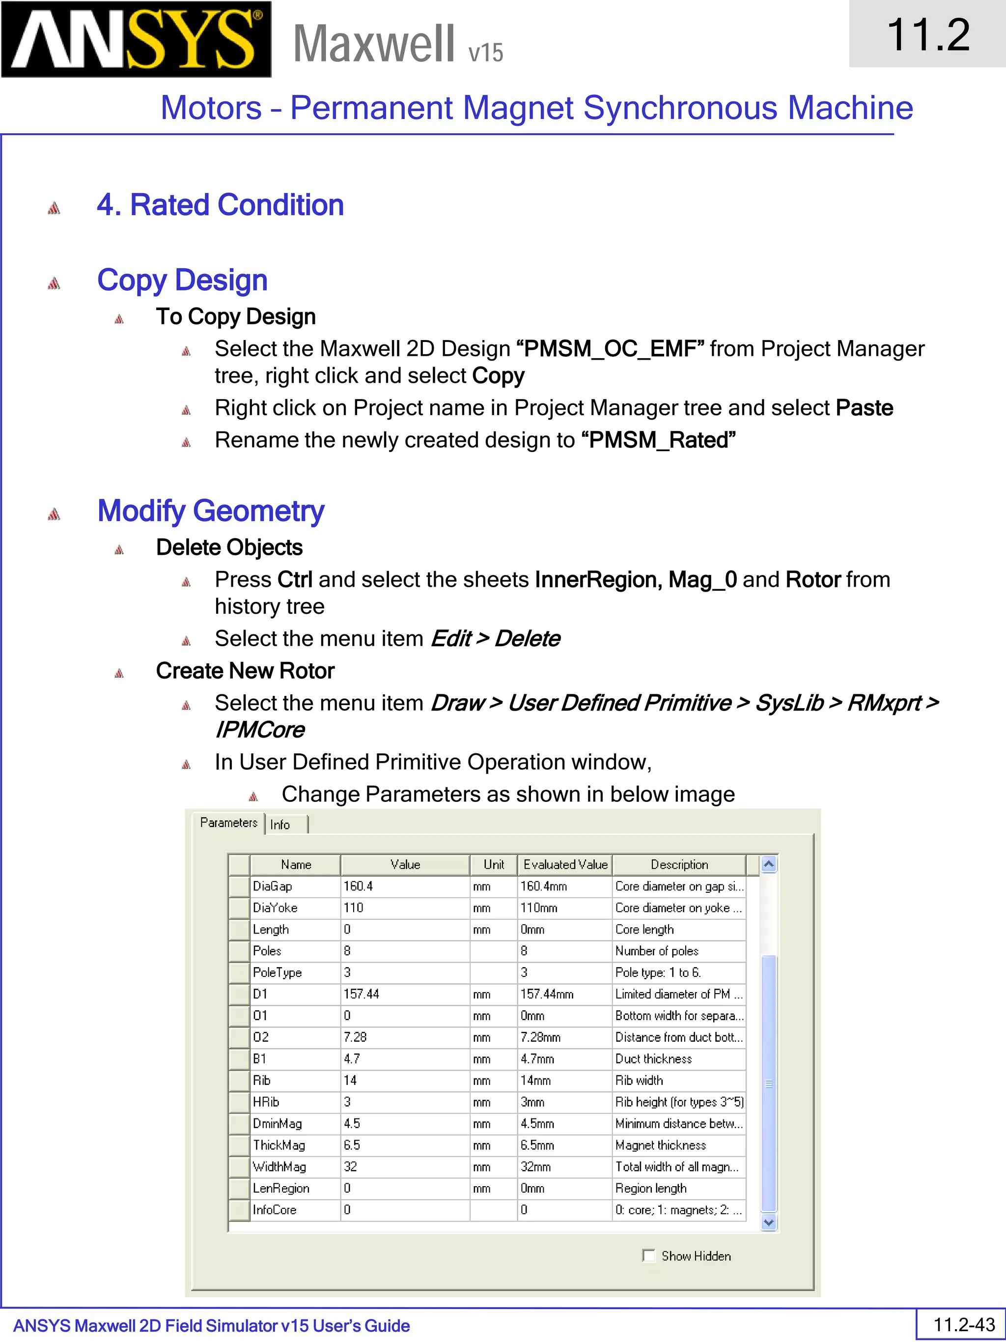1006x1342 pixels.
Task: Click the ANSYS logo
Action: pyautogui.click(x=137, y=39)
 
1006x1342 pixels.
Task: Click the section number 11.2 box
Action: pyautogui.click(x=927, y=34)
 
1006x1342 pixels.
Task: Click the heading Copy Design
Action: pyautogui.click(x=182, y=280)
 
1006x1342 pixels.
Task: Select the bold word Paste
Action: pyautogui.click(x=864, y=408)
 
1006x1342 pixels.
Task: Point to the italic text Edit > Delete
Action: pyautogui.click(x=495, y=638)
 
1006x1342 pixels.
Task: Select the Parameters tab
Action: pyautogui.click(x=228, y=823)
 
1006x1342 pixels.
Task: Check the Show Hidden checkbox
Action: pyautogui.click(x=649, y=1255)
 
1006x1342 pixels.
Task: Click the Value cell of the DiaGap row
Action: pyautogui.click(x=404, y=886)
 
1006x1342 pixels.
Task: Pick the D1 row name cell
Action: pyautogui.click(x=295, y=994)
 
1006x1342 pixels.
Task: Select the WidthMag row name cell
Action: pyautogui.click(x=295, y=1166)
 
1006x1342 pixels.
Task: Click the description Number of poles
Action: pyautogui.click(x=657, y=951)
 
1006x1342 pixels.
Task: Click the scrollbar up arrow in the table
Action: pyautogui.click(x=768, y=864)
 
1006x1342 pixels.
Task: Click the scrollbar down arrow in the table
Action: pyautogui.click(x=768, y=1222)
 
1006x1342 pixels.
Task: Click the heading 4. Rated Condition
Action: pyautogui.click(x=220, y=205)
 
